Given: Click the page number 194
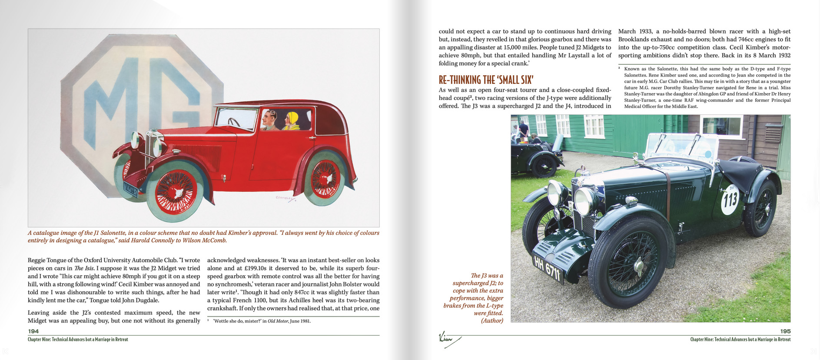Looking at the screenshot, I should pyautogui.click(x=33, y=331).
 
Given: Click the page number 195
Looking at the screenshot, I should pyautogui.click(x=785, y=331).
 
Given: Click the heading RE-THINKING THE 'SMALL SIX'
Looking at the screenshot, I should pyautogui.click(x=486, y=80).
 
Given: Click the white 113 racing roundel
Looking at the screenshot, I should pyautogui.click(x=730, y=200).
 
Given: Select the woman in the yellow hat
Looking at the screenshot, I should pyautogui.click(x=292, y=121).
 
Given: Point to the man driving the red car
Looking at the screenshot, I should pyautogui.click(x=270, y=120).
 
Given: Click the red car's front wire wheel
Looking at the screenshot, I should pyautogui.click(x=176, y=191).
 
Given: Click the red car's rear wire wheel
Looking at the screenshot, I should pyautogui.click(x=325, y=178).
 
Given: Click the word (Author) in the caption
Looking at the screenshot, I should pyautogui.click(x=492, y=320).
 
